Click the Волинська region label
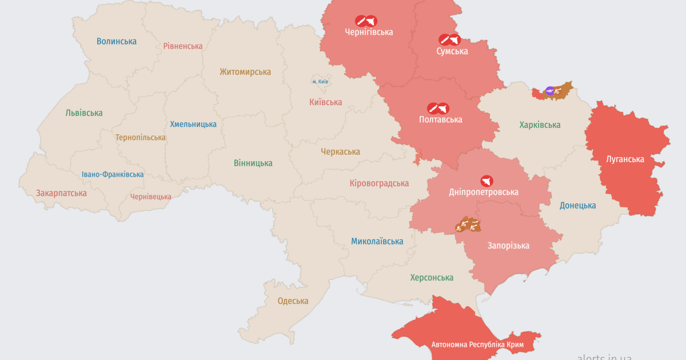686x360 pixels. (x=117, y=41)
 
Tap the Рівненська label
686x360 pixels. (x=183, y=46)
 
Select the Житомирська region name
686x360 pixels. (x=245, y=72)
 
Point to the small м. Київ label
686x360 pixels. (x=320, y=82)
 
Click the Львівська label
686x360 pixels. (x=84, y=113)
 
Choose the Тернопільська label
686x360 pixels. (x=141, y=138)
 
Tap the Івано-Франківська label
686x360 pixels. (x=113, y=174)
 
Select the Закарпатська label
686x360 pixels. (x=61, y=193)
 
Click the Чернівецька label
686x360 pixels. (x=151, y=197)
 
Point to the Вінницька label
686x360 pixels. (x=253, y=163)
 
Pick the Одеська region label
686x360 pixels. (x=293, y=301)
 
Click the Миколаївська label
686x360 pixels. (x=377, y=242)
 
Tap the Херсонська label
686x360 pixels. (x=432, y=278)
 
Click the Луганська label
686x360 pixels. (x=625, y=159)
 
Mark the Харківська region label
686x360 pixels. (x=540, y=125)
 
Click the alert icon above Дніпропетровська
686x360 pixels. (x=486, y=181)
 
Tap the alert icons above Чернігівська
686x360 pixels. (x=366, y=21)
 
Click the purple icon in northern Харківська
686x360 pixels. (x=549, y=90)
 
